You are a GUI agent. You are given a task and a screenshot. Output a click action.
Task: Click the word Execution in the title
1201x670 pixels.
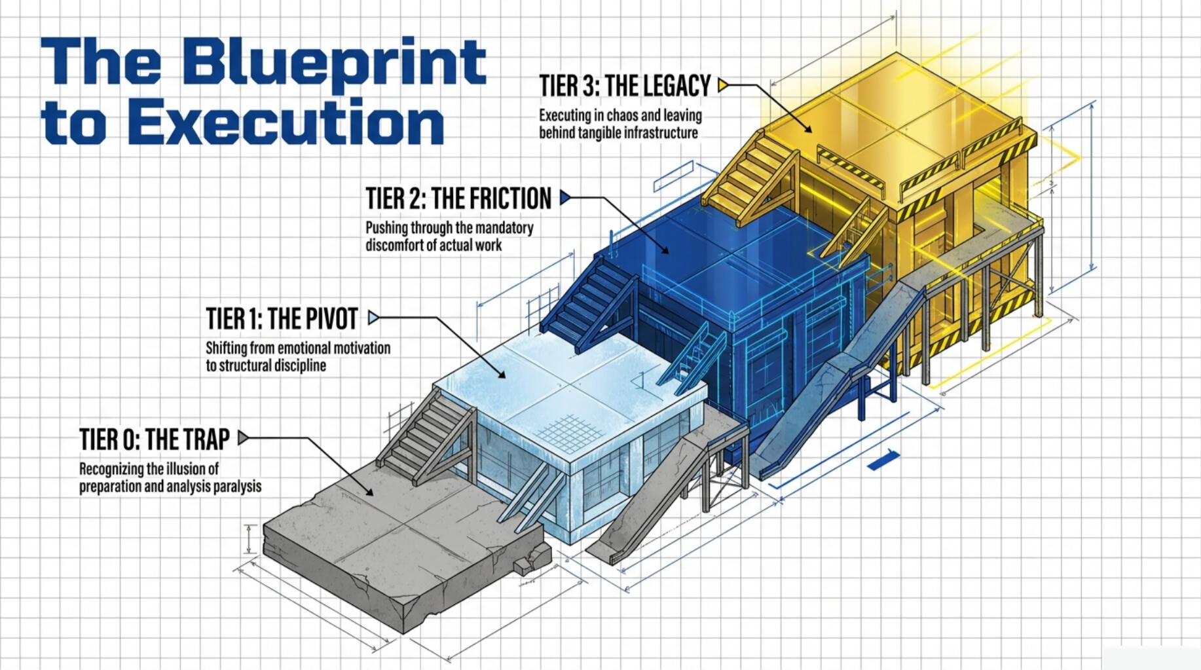tap(286, 122)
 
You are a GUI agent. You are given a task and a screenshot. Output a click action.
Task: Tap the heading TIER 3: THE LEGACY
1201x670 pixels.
tap(625, 85)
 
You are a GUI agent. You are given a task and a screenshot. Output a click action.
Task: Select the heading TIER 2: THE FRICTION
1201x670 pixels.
tap(458, 198)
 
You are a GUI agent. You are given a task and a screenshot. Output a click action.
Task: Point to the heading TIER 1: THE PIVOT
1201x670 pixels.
tap(282, 319)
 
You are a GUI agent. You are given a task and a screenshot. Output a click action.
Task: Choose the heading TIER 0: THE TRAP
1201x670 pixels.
tap(155, 439)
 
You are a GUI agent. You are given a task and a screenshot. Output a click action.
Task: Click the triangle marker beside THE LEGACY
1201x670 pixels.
tap(723, 85)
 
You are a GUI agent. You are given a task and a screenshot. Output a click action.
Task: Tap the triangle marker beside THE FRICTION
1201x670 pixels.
tap(565, 198)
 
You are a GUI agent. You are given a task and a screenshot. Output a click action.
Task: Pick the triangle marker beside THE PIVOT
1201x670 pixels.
tap(373, 318)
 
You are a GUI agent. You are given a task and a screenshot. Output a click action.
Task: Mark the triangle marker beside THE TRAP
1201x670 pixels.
tap(243, 437)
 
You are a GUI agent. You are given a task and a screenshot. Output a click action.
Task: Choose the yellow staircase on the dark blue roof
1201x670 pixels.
tap(751, 174)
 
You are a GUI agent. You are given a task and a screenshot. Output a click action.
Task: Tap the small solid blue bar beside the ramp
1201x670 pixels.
tap(883, 460)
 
